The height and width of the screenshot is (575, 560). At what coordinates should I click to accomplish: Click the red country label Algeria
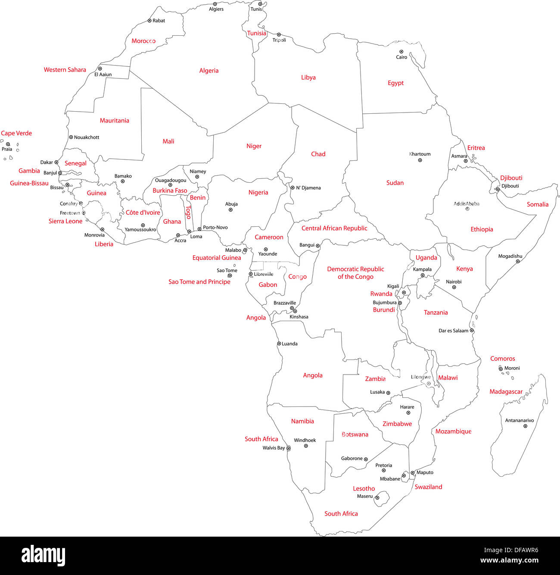209,71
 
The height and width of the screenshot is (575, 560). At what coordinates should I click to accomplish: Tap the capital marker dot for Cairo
401,52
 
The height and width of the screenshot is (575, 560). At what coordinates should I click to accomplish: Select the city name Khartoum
420,154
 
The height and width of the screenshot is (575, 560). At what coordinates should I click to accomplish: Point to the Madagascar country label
506,392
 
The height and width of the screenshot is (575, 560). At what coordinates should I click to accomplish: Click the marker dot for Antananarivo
525,426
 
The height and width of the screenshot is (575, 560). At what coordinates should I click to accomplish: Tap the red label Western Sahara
65,70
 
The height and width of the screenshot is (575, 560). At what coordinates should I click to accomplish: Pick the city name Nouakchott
87,137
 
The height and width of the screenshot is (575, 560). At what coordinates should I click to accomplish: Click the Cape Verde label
16,133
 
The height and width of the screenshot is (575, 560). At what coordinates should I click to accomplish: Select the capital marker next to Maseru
377,498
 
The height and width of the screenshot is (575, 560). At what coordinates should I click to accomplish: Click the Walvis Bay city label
274,448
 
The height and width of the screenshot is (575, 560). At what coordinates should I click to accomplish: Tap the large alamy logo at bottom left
44,556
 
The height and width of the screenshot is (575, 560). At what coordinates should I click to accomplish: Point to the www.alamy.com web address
509,561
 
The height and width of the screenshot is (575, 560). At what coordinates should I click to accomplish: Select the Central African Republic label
334,228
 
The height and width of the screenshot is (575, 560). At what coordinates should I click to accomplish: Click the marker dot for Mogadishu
518,261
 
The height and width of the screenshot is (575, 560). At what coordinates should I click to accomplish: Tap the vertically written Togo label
188,212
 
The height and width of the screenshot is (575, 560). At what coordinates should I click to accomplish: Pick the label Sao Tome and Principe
199,282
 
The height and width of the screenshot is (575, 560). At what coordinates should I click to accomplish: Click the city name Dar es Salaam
453,331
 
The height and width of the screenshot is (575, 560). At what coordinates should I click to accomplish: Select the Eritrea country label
476,148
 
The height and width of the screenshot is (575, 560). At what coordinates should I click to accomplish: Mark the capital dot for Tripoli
279,34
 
